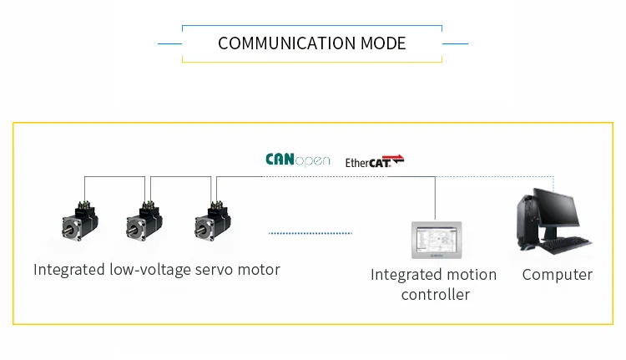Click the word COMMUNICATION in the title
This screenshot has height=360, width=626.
[276, 43]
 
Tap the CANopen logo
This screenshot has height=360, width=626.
[298, 160]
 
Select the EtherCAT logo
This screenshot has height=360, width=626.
[375, 161]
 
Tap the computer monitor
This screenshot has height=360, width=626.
[556, 210]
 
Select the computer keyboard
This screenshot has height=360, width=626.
[568, 244]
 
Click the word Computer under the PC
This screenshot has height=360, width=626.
[557, 275]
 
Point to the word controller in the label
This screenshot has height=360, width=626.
[435, 295]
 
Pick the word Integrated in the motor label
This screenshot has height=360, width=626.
[69, 270]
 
